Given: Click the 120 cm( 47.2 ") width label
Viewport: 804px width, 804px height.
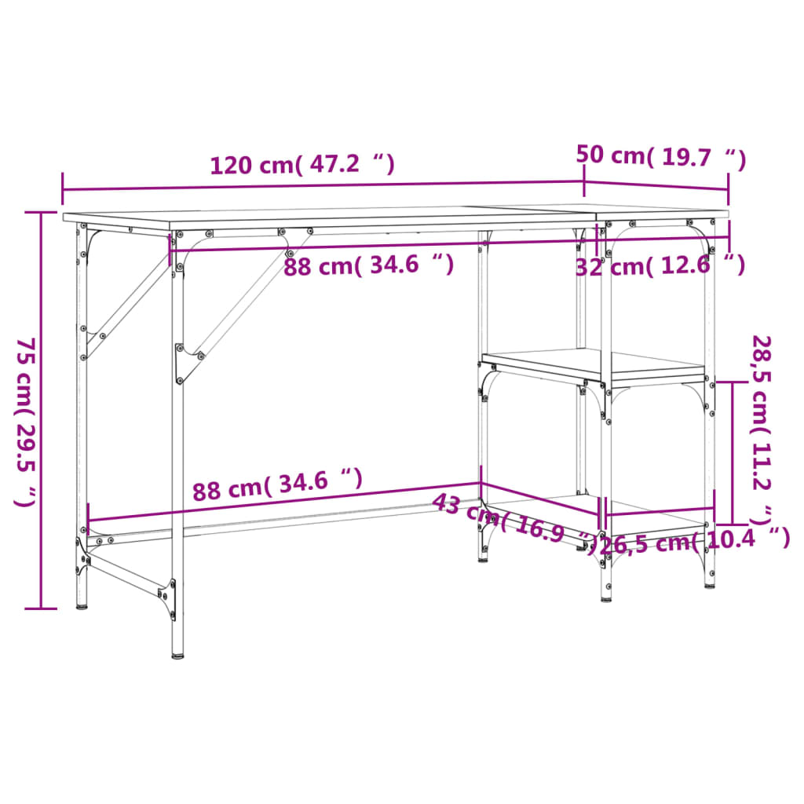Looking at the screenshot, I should click(x=301, y=165).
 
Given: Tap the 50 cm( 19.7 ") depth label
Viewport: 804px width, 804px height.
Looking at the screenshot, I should click(x=660, y=156).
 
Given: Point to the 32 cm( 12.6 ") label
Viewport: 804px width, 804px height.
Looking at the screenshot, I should click(x=660, y=266).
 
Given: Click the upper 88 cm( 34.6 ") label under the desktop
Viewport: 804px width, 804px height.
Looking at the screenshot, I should click(x=368, y=265).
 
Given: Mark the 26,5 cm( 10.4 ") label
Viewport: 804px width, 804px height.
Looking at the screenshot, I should click(x=694, y=541).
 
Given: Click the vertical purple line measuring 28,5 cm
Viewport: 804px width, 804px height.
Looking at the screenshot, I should click(x=733, y=452).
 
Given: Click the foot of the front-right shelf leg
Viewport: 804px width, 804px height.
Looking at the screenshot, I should click(x=605, y=597).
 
